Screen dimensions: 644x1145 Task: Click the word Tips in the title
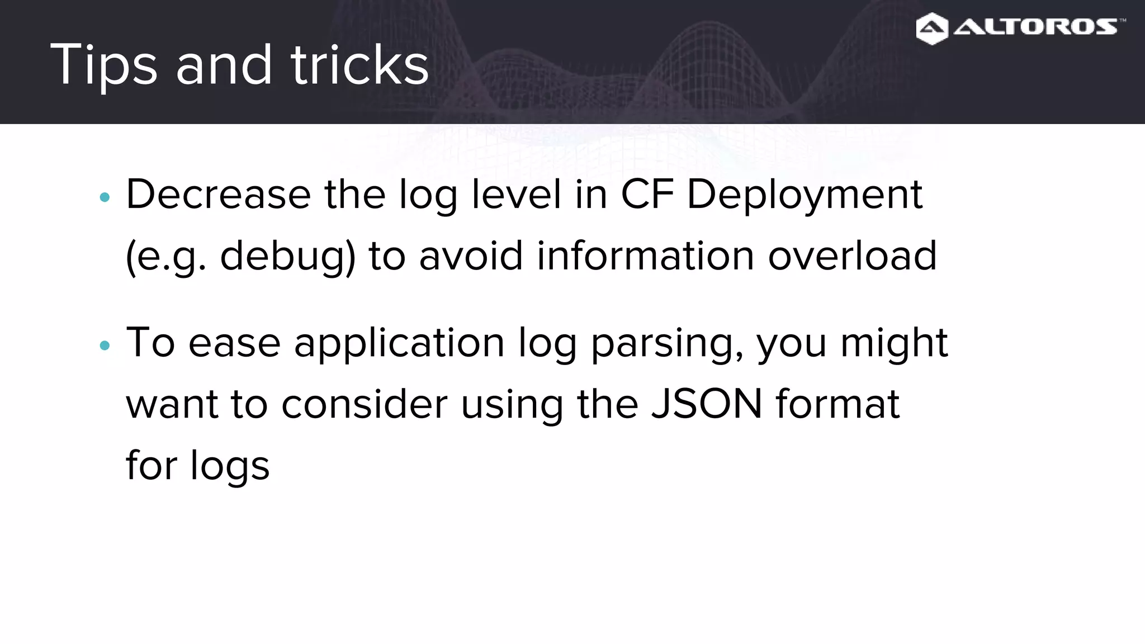(103, 65)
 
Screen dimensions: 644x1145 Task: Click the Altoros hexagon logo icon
(932, 29)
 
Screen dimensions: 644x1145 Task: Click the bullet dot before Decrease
(105, 197)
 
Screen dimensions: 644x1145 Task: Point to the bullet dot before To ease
(105, 345)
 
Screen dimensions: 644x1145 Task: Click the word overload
(852, 256)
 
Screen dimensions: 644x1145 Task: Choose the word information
(646, 256)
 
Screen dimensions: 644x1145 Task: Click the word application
(399, 344)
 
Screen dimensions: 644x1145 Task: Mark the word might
(894, 343)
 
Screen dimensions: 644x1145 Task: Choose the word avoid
(471, 256)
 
